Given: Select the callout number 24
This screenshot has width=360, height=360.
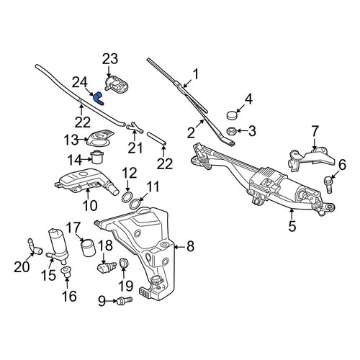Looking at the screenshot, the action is [x=80, y=83].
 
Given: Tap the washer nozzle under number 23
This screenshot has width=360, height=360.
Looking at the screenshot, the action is [x=117, y=84].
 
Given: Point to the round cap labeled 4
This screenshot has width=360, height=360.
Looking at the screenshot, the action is [x=232, y=115].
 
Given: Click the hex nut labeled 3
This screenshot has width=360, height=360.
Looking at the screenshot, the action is [x=232, y=131].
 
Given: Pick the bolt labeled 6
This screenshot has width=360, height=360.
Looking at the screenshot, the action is [x=328, y=184].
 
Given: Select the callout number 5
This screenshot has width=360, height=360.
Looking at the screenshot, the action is [x=292, y=226].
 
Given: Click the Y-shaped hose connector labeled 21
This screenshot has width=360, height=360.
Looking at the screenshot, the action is [x=135, y=127].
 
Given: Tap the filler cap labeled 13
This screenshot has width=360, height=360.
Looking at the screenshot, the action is [x=100, y=138].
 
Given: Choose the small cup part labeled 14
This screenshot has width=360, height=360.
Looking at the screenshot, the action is [x=97, y=157].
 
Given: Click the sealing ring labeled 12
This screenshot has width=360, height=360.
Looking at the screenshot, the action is [x=127, y=197].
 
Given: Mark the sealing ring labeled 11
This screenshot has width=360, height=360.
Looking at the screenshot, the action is [x=135, y=204].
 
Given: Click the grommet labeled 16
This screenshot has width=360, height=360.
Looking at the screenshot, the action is [x=66, y=271].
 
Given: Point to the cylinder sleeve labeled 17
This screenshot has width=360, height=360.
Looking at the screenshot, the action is [x=88, y=248].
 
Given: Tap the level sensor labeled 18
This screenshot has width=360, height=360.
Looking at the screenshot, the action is [x=107, y=267].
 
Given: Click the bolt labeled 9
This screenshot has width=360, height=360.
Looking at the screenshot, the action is [x=125, y=301].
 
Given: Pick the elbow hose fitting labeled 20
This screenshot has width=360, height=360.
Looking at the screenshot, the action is [x=34, y=247].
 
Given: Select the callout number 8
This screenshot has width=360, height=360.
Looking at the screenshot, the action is [x=190, y=246].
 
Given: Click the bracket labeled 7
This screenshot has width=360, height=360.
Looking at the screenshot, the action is [x=312, y=158].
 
